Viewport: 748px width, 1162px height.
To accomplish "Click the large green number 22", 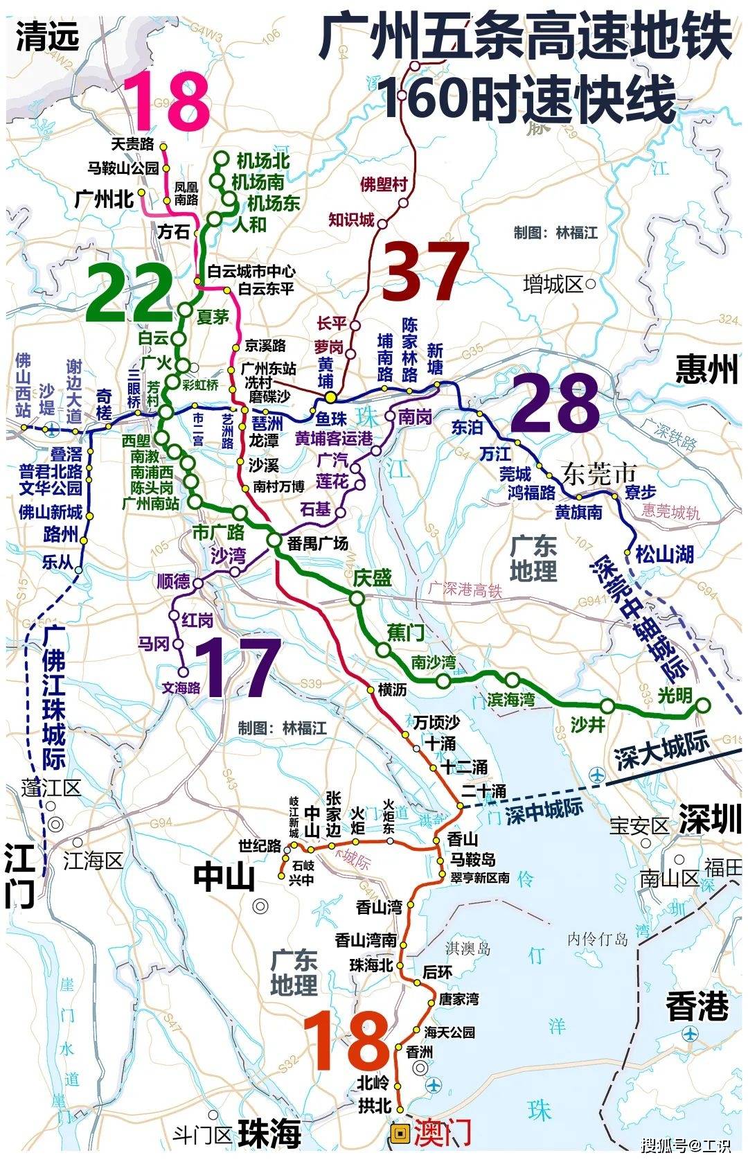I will pyautogui.click(x=130, y=293).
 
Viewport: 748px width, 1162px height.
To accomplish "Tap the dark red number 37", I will pyautogui.click(x=425, y=272).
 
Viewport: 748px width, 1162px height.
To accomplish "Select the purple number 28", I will pyautogui.click(x=555, y=403).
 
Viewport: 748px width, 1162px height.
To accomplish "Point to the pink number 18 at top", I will pyautogui.click(x=167, y=102).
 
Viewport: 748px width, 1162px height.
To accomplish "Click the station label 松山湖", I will pyautogui.click(x=665, y=554).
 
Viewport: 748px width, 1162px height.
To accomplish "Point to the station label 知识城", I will pyautogui.click(x=350, y=220).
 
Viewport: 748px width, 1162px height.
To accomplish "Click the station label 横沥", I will pyautogui.click(x=392, y=689).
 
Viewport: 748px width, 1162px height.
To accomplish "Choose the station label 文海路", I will pyautogui.click(x=181, y=687).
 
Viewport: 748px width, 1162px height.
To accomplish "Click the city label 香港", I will pyautogui.click(x=697, y=1005).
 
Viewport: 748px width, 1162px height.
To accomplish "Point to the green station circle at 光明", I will pyautogui.click(x=702, y=705).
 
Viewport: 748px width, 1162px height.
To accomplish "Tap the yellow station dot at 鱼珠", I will pyautogui.click(x=332, y=398).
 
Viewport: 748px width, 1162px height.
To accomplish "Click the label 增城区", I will pyautogui.click(x=553, y=284).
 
